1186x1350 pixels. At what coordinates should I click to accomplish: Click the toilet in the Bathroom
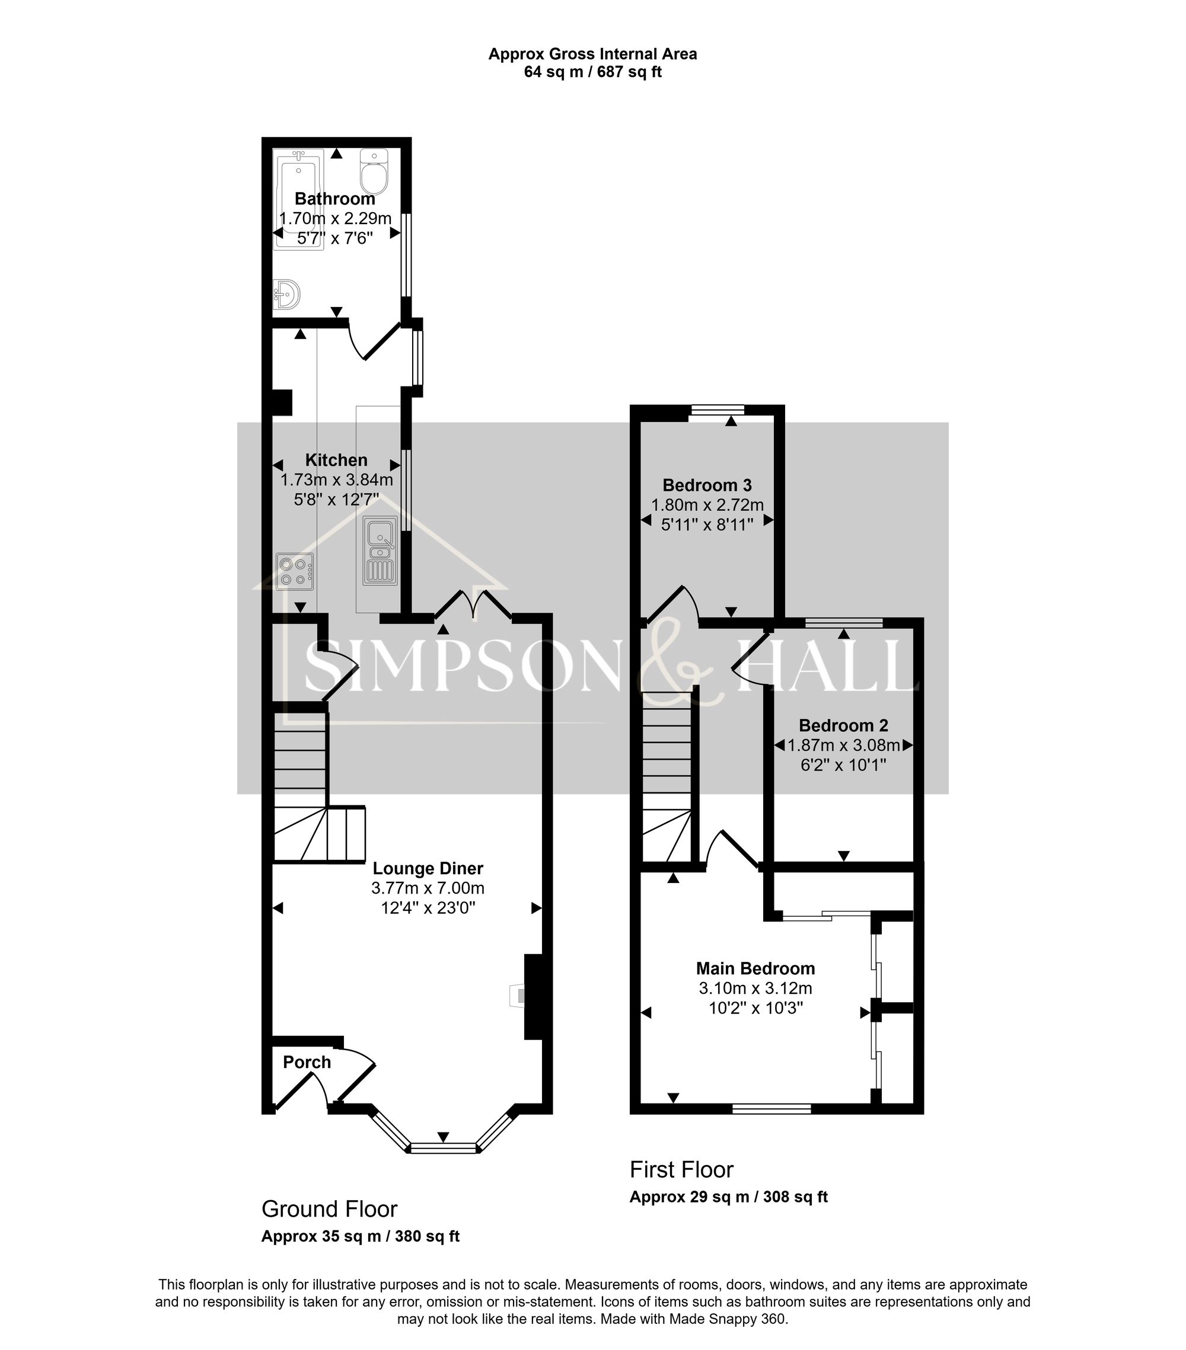374,171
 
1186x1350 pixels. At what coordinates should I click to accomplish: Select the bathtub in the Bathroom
299,198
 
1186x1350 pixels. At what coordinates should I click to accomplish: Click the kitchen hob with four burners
295,572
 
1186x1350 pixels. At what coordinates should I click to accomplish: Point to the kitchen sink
380,550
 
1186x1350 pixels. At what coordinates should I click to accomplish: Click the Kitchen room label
336,460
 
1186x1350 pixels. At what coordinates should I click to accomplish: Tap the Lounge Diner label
428,869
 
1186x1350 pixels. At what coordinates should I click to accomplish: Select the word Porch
307,1062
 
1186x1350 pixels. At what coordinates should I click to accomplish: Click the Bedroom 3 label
707,485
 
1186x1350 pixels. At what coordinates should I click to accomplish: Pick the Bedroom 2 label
843,726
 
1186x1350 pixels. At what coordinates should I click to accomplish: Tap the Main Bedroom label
755,969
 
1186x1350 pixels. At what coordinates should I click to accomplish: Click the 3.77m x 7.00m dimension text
428,888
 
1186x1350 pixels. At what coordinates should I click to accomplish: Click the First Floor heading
681,1170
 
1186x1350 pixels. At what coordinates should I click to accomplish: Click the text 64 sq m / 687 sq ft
592,72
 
